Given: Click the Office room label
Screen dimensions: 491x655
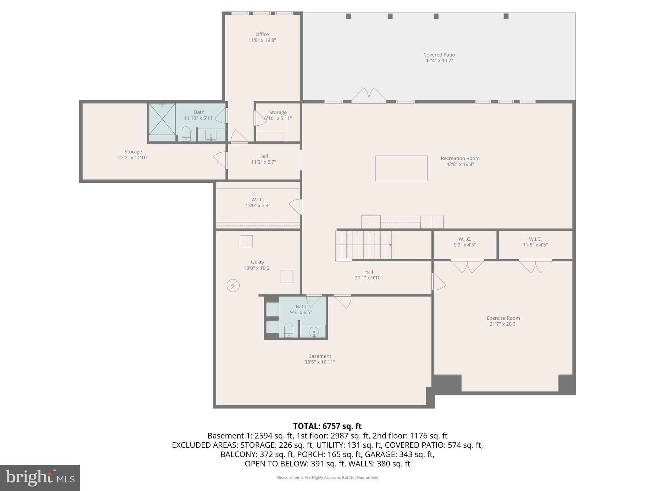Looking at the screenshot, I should (262, 35).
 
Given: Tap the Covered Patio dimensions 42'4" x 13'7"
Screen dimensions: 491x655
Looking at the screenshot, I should (439, 60).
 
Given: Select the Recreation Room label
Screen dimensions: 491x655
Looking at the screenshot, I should (460, 159).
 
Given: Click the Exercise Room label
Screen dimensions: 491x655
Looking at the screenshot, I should (503, 318).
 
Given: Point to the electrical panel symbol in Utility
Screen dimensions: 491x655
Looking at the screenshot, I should (233, 285).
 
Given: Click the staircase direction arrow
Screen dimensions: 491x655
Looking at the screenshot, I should (390, 245).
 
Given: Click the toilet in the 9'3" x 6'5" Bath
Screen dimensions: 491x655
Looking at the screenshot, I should (289, 330).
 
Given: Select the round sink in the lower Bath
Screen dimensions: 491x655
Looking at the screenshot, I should (314, 332).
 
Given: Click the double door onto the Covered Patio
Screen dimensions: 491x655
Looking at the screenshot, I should (369, 95).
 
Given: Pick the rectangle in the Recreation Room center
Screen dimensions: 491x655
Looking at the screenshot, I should (401, 168).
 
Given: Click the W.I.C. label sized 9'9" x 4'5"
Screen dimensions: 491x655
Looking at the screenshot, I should (464, 239).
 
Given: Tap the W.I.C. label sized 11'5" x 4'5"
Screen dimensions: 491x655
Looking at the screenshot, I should (535, 239).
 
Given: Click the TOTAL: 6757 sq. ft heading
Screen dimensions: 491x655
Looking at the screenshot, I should (327, 426).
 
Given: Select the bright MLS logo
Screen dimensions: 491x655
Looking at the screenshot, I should (40, 478).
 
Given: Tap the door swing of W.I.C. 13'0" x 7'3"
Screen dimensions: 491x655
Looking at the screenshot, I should (296, 207).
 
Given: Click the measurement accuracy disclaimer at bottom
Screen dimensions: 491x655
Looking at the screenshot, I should (327, 477).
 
